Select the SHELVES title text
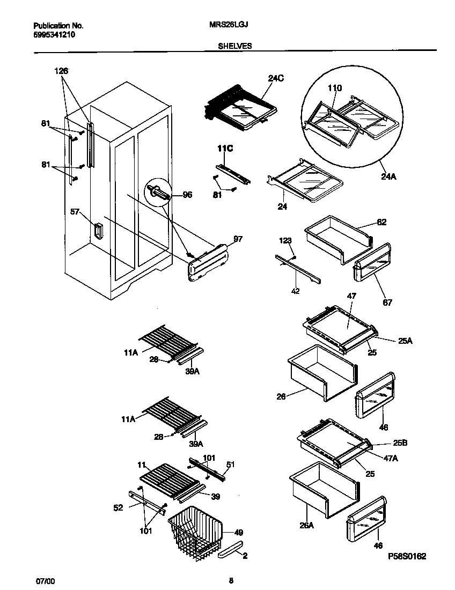[x=234, y=46]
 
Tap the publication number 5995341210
[x=54, y=35]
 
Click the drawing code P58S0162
[x=407, y=557]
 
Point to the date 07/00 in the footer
[x=45, y=581]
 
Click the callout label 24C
[x=276, y=78]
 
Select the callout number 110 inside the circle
[x=334, y=88]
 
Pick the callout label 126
[x=62, y=71]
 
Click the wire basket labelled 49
[x=196, y=534]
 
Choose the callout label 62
[x=381, y=222]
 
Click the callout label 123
[x=285, y=240]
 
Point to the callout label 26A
[x=306, y=525]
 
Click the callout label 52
[x=118, y=507]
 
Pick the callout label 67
[x=387, y=303]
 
